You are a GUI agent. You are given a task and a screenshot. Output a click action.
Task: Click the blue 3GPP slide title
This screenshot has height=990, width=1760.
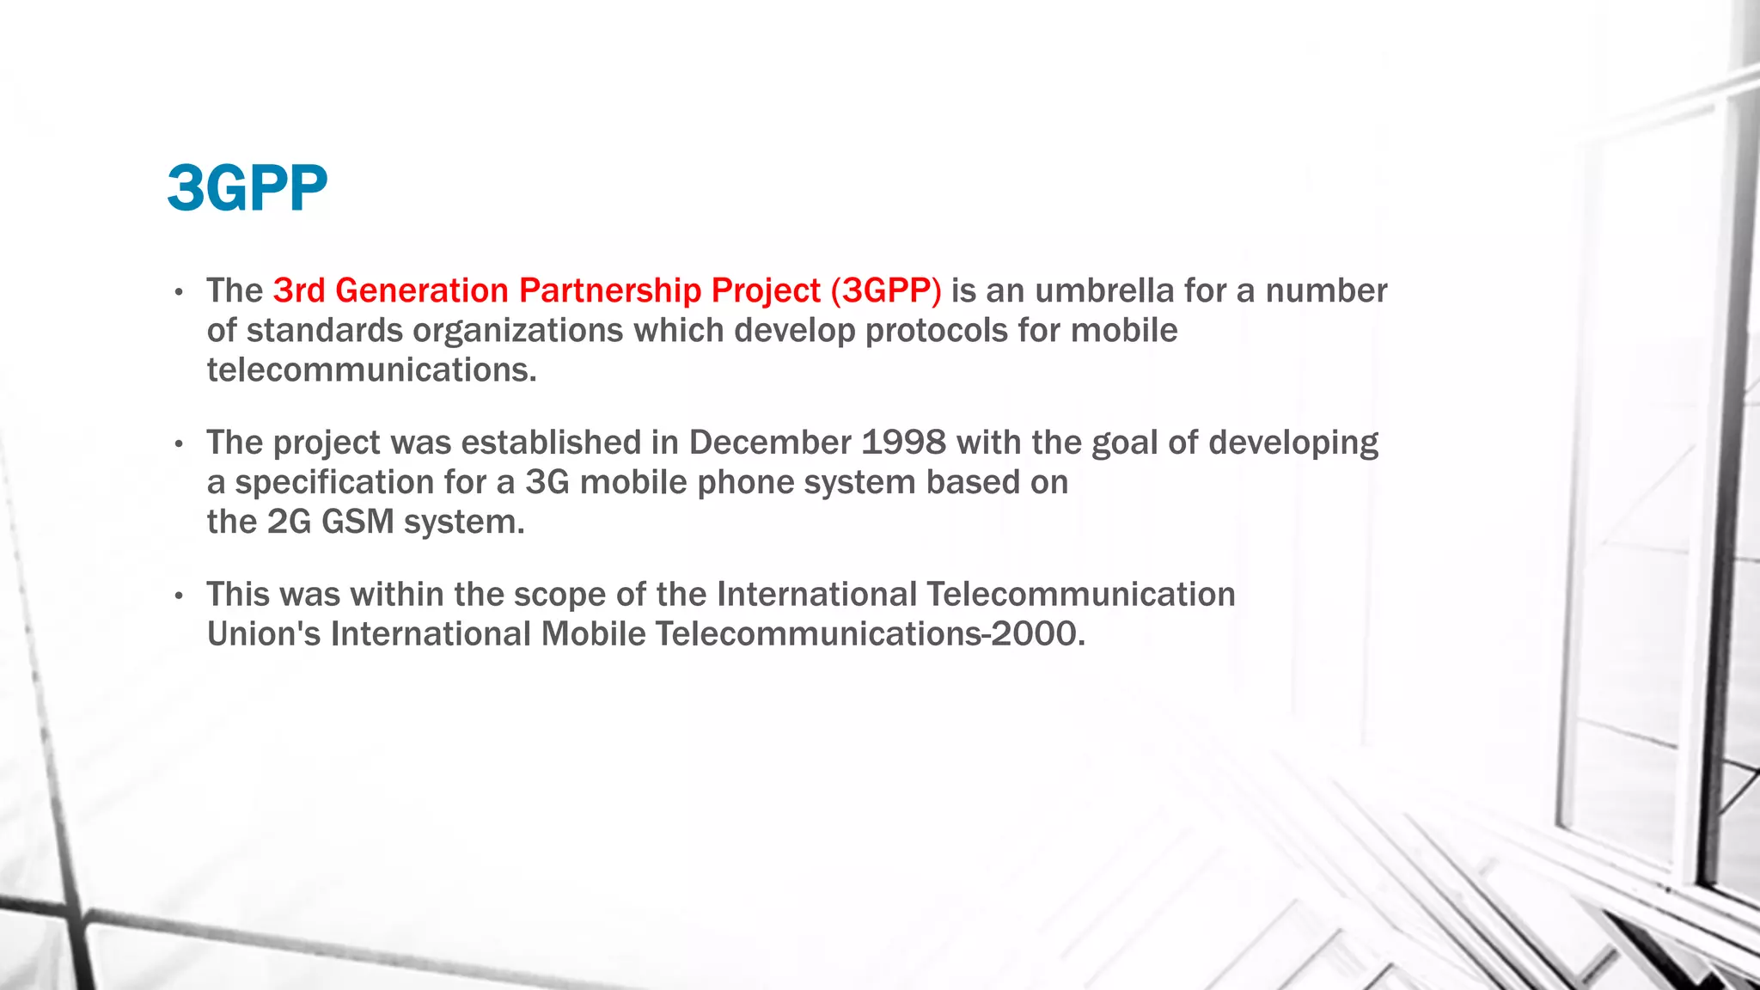(x=247, y=188)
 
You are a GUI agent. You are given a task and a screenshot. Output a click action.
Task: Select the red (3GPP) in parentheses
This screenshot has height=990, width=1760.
(x=886, y=291)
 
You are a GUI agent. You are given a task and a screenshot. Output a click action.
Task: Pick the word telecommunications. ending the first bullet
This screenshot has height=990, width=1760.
(x=371, y=370)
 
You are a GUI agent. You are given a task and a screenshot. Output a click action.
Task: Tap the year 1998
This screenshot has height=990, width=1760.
(x=903, y=443)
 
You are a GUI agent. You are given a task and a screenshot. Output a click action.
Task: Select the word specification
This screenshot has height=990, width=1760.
(x=334, y=483)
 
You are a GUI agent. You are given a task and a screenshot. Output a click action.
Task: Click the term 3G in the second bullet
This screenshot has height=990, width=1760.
(x=547, y=483)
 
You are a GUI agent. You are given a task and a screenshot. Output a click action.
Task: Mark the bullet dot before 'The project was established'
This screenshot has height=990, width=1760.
(x=179, y=445)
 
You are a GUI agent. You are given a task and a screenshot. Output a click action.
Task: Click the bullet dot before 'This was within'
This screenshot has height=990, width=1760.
(x=179, y=596)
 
